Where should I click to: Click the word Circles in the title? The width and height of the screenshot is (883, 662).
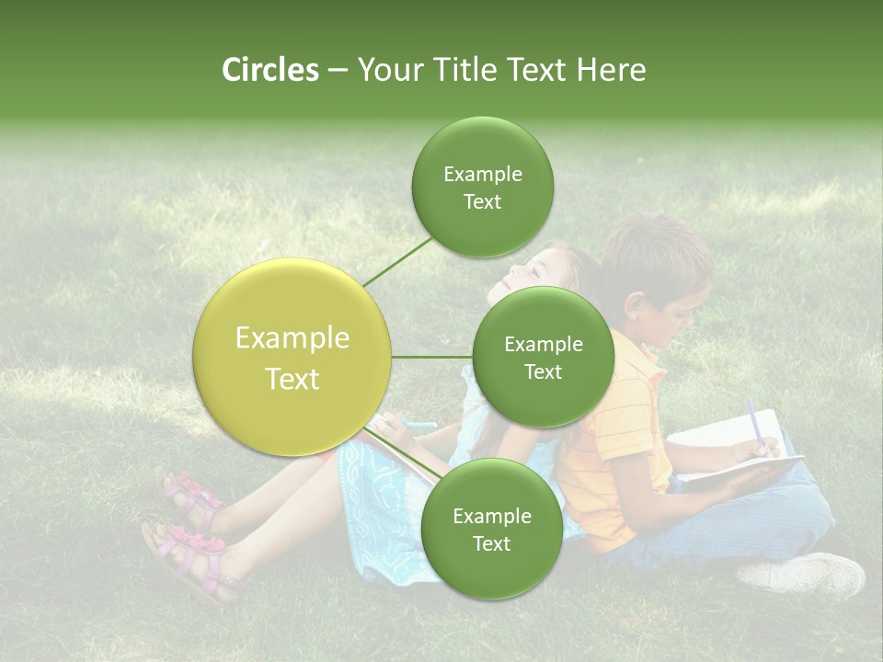[269, 70]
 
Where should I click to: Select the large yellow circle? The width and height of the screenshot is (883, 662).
[292, 358]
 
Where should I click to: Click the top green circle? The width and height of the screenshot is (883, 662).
[482, 188]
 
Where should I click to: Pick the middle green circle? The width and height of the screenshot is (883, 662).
[543, 358]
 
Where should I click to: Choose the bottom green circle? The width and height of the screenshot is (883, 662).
[491, 530]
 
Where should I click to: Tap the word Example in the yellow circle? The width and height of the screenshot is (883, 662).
[292, 338]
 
